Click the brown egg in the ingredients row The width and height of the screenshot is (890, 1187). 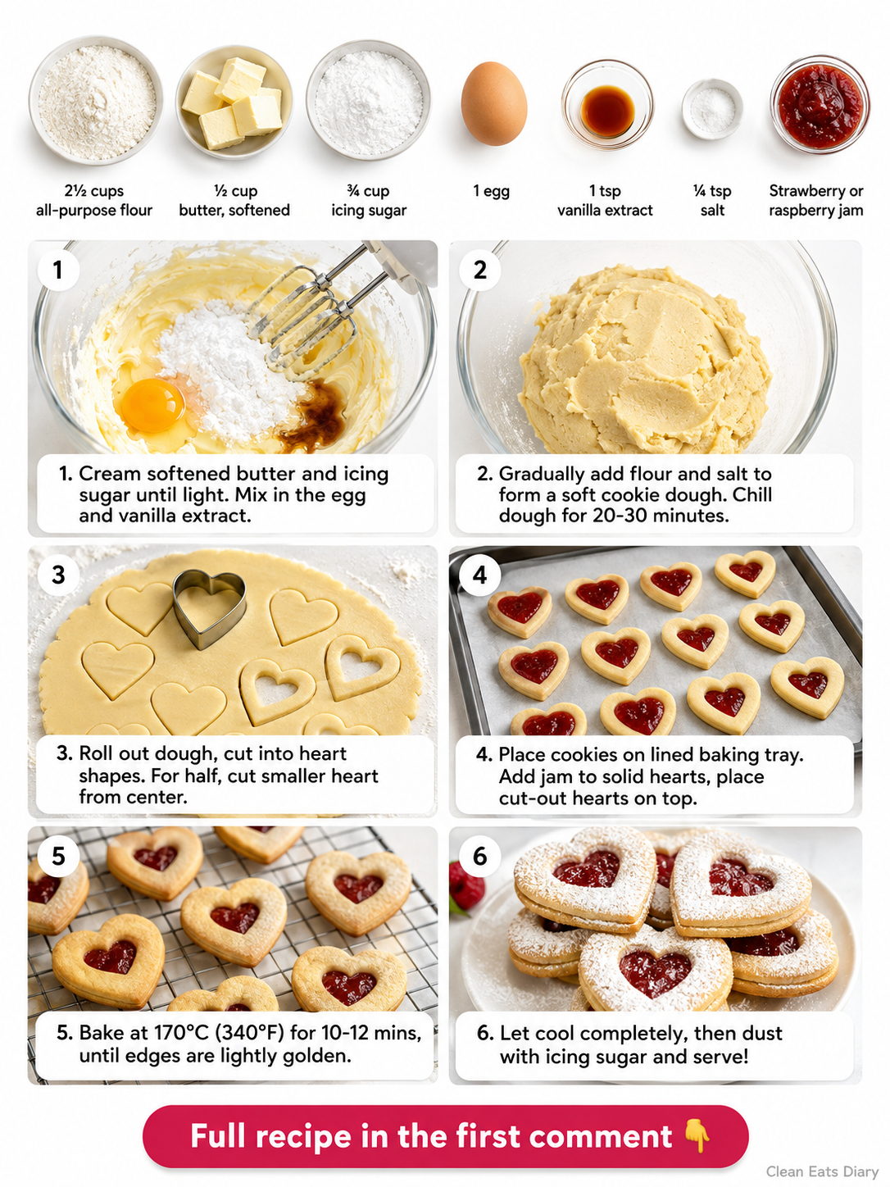coord(493,103)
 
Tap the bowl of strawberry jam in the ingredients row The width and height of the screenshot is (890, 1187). coord(820,104)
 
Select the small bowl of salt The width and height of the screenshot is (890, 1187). coord(712,109)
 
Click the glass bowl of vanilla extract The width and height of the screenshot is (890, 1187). coord(607,105)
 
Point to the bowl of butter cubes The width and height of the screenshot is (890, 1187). coord(234,102)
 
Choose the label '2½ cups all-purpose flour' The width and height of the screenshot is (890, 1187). coord(94,200)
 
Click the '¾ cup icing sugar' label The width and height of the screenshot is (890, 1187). coord(369,200)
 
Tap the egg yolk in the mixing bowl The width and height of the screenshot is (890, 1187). coord(152,404)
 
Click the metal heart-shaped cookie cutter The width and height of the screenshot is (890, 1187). coord(209,608)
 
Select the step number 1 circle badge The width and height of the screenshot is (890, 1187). coord(58,270)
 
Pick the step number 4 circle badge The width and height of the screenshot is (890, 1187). coord(480,575)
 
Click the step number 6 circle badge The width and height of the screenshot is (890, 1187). coord(480,856)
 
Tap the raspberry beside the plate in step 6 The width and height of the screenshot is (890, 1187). coord(465,888)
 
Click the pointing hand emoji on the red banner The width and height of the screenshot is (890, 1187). coord(697,1135)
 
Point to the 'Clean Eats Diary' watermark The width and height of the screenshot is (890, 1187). coord(822,1171)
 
